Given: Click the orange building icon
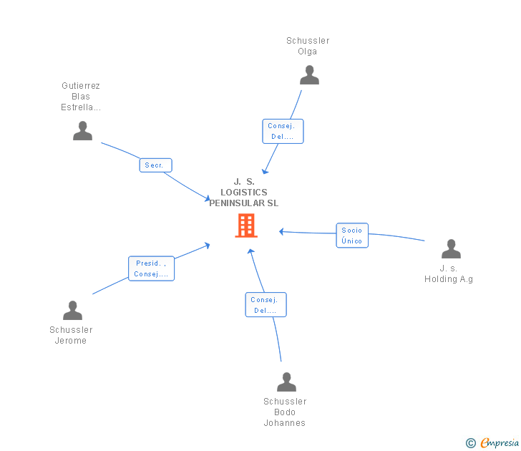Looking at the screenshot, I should (x=245, y=225).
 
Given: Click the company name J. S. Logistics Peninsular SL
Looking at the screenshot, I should (x=244, y=193).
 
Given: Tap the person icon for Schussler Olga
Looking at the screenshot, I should (x=309, y=75).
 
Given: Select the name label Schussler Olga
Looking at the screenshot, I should (x=308, y=46).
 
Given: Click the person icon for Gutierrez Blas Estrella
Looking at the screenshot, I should (x=83, y=131).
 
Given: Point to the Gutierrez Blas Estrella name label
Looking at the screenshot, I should (x=81, y=97).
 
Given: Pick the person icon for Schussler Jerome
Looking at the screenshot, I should (x=72, y=311).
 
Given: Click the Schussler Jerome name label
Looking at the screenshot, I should (x=71, y=335).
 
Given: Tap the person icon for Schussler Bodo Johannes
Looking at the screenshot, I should (x=286, y=382).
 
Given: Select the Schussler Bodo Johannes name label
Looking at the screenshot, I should (x=285, y=412).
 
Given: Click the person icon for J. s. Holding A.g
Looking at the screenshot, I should (x=451, y=249).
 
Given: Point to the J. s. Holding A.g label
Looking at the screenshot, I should (x=449, y=273).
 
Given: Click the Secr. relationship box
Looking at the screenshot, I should (x=155, y=165).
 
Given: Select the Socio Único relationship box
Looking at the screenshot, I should (x=352, y=236).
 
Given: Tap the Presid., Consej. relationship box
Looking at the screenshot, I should (x=151, y=268).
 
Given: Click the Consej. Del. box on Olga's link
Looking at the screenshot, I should (x=282, y=131).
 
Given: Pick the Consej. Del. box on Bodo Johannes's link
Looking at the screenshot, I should (x=266, y=305).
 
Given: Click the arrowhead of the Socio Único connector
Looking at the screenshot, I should (x=281, y=231).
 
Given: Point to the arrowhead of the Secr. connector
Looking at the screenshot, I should (x=207, y=199).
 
